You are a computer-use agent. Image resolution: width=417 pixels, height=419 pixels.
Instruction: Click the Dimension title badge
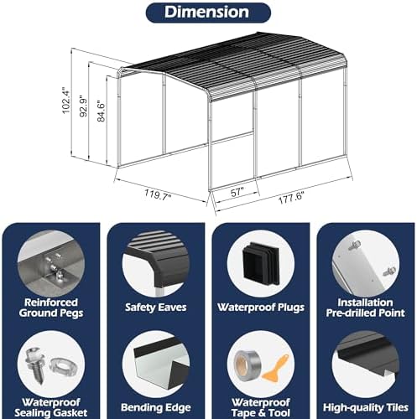(x=208, y=13)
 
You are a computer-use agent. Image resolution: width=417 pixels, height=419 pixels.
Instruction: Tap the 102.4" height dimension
(x=66, y=100)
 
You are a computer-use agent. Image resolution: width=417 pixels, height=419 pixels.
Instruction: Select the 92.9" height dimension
(x=83, y=106)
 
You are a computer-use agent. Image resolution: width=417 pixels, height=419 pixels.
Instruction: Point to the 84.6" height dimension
(x=101, y=111)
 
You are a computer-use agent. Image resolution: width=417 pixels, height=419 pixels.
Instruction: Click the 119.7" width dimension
(x=158, y=194)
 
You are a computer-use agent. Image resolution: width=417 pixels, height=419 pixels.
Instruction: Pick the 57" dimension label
(x=237, y=192)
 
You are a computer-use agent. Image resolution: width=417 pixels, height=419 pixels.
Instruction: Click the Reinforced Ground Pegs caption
(x=51, y=308)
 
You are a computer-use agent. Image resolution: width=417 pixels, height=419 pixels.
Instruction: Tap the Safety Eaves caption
(x=156, y=308)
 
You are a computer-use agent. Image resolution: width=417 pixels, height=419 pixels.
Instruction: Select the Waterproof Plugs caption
(x=261, y=308)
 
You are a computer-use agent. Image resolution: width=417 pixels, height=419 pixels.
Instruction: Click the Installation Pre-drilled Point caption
(x=365, y=308)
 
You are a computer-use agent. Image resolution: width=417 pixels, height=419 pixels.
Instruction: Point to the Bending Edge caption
(x=156, y=407)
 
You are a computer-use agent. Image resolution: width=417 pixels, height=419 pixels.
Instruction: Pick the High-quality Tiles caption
(x=366, y=407)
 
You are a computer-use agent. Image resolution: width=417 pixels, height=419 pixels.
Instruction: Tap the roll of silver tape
(x=247, y=365)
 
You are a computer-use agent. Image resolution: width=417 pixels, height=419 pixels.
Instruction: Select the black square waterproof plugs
(x=261, y=263)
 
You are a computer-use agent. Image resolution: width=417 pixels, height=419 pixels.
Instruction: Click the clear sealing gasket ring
(x=62, y=366)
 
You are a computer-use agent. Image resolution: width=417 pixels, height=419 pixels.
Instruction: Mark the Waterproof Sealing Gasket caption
(x=51, y=407)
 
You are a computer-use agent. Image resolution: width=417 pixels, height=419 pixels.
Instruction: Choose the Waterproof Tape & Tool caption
(x=261, y=407)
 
